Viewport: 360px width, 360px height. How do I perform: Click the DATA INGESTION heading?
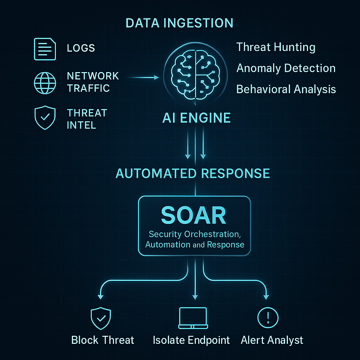pos(179,23)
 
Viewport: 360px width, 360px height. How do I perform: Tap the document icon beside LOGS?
pos(45,49)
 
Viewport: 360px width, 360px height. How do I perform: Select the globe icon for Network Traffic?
pos(45,82)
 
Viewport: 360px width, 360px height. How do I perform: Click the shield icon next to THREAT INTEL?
pos(45,118)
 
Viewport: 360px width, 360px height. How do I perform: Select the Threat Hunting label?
pos(276,47)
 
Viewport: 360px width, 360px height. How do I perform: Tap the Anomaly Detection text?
pos(286,68)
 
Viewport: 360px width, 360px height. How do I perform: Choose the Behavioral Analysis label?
pos(286,89)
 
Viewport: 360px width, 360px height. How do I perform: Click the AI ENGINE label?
pos(196,118)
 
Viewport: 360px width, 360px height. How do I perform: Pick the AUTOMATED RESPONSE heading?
pos(193,173)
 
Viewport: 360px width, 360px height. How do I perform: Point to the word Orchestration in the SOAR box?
pos(210,234)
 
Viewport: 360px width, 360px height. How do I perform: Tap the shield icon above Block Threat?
pos(101,319)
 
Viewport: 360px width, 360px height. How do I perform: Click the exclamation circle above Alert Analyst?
pos(268,318)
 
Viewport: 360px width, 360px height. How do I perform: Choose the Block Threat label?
pos(103,340)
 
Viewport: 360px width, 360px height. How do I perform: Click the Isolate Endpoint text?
pos(191,340)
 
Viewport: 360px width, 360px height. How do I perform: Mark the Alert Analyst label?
pos(272,340)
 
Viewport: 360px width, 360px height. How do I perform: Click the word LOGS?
pos(81,48)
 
